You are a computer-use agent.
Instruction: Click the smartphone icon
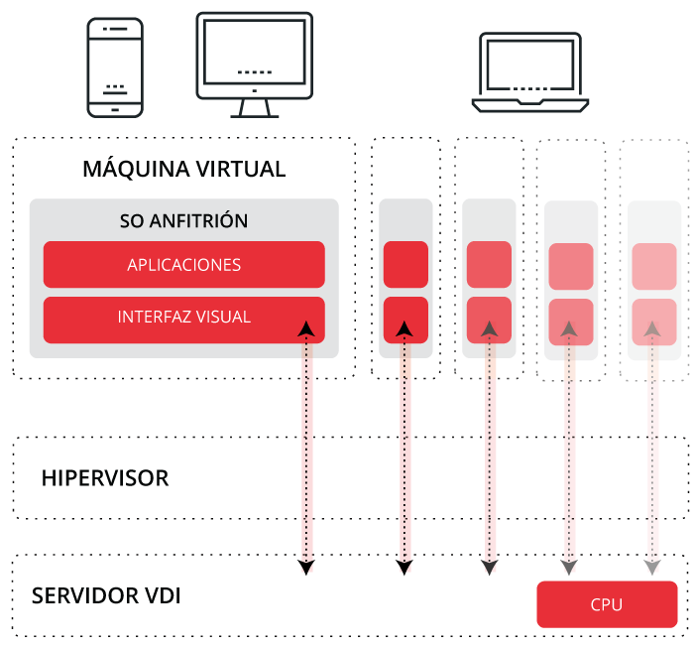click(115, 65)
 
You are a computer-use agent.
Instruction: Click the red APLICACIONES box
click(184, 265)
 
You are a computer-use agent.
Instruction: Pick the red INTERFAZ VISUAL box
click(184, 319)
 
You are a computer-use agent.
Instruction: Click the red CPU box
click(607, 604)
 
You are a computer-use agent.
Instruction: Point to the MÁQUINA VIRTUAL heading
click(184, 169)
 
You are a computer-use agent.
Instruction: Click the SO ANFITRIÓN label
click(184, 220)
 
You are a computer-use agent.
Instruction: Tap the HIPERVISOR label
click(105, 478)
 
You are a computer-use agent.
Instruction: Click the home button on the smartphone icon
click(115, 109)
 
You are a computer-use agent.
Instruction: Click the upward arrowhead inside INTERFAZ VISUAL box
click(307, 328)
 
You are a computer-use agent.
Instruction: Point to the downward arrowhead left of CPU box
click(568, 568)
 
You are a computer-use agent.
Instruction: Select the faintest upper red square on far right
click(654, 266)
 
